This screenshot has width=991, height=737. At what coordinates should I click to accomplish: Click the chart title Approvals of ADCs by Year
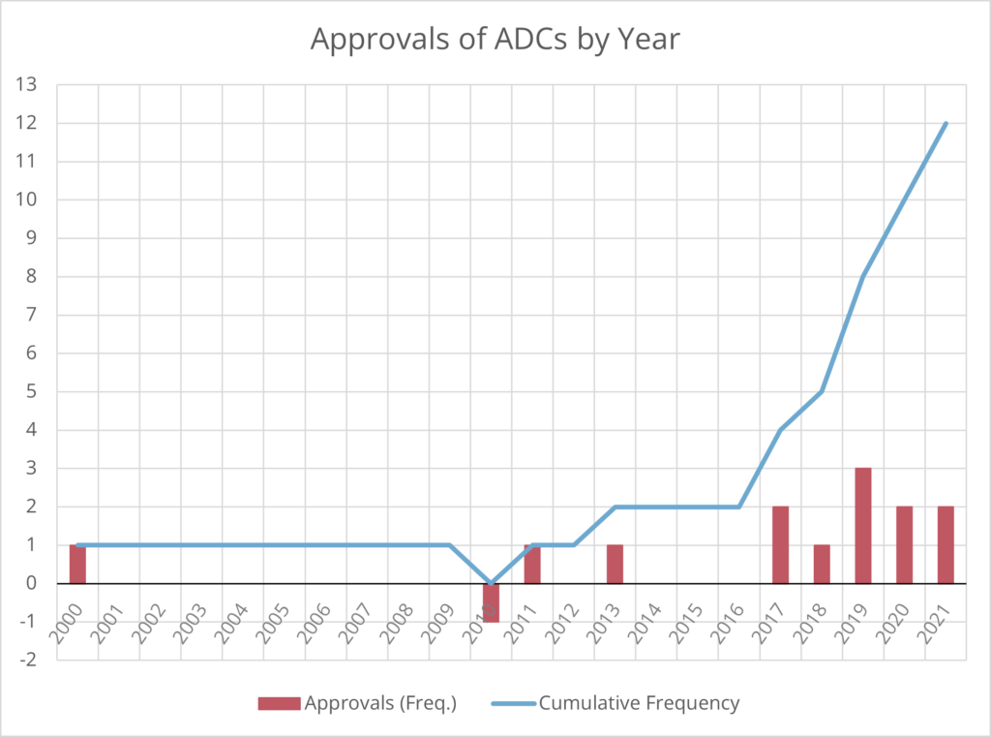click(495, 39)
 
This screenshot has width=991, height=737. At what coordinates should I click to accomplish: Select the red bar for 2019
click(863, 526)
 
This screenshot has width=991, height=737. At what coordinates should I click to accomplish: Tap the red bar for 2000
click(77, 564)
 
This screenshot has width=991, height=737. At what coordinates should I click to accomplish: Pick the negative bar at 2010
click(491, 602)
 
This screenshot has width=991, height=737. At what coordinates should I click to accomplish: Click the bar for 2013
click(615, 564)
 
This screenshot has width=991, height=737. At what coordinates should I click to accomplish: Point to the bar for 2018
click(822, 564)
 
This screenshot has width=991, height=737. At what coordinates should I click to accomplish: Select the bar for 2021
click(946, 545)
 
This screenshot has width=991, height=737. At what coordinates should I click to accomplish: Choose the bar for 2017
click(780, 545)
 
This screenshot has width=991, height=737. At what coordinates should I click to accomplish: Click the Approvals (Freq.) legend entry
click(356, 703)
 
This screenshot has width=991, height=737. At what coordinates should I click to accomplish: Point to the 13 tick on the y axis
click(27, 85)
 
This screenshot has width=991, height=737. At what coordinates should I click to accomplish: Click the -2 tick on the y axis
click(27, 660)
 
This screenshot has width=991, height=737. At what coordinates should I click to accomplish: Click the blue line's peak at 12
click(946, 123)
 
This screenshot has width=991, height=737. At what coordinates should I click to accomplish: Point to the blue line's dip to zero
click(491, 583)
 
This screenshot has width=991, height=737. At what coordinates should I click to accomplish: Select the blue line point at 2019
click(863, 277)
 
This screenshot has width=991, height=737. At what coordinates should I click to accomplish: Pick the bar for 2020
click(904, 545)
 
